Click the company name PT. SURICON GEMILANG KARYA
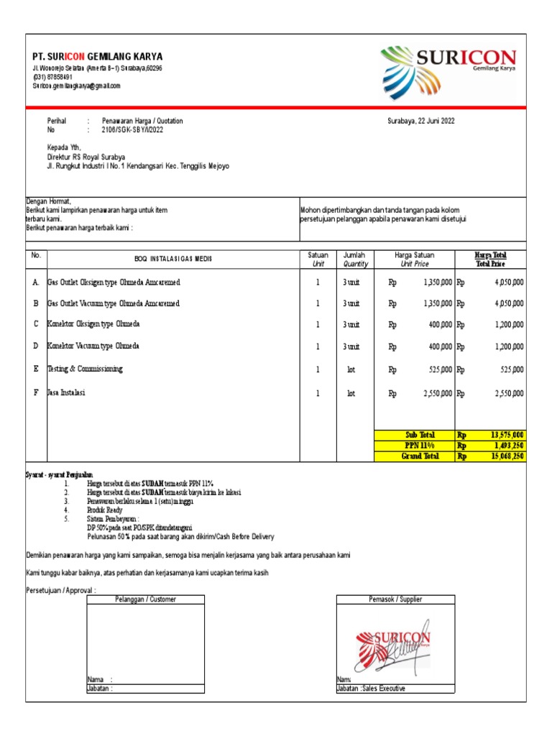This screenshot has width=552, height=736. [x=97, y=57]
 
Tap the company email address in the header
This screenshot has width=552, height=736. [x=76, y=86]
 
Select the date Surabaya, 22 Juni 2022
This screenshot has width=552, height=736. [x=420, y=121]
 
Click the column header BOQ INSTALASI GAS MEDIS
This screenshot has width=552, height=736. [x=173, y=259]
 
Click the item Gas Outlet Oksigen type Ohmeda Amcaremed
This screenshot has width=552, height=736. [x=114, y=282]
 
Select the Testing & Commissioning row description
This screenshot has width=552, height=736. [x=85, y=369]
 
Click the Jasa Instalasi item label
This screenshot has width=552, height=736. [x=66, y=393]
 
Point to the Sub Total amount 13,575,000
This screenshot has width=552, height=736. [x=507, y=435]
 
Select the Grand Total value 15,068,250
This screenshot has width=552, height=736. [x=507, y=456]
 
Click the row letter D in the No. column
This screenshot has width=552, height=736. [x=35, y=346]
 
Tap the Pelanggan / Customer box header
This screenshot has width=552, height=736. [x=145, y=599]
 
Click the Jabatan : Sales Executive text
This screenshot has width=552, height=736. [x=371, y=689]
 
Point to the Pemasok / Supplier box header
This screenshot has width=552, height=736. [x=395, y=599]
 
